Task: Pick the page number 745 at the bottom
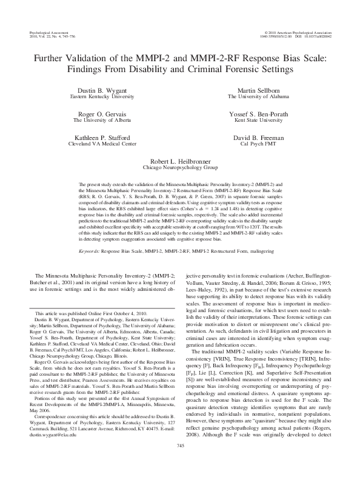point(180,462)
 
